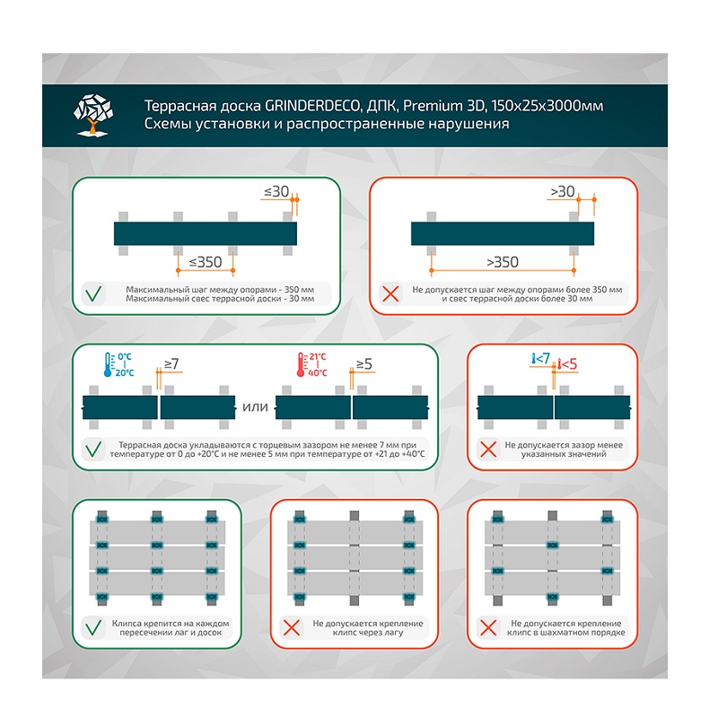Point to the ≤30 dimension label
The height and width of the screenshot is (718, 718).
point(276,191)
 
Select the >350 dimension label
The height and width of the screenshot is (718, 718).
point(502,262)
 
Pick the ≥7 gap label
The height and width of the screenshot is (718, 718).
point(171,363)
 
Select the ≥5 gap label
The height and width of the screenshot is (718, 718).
point(364,363)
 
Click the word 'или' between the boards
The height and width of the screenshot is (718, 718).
point(256,408)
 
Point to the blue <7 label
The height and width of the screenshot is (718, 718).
point(540,359)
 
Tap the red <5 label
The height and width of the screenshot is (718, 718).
point(566,364)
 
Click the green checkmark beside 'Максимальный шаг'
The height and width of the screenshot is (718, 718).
point(93,293)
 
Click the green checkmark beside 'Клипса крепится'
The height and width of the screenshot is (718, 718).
point(93,627)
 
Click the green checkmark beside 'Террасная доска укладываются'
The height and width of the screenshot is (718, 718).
point(93,449)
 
